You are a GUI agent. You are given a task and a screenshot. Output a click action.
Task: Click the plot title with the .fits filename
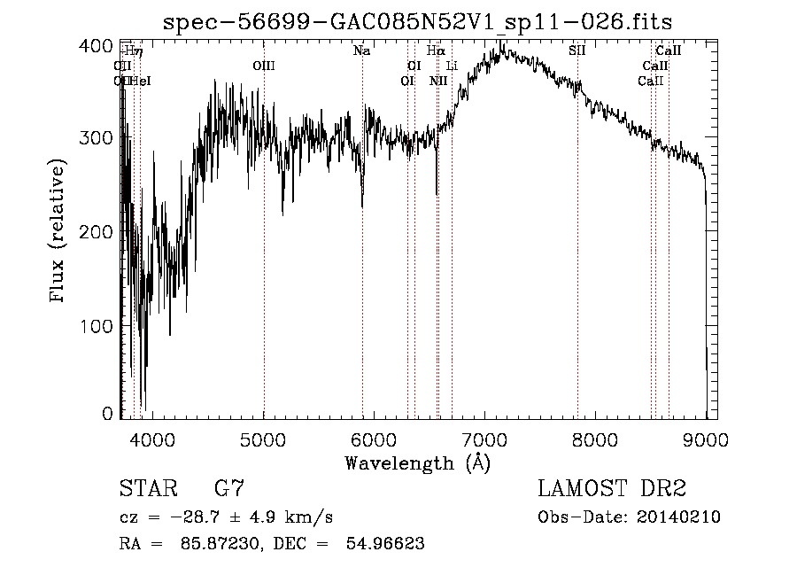418,23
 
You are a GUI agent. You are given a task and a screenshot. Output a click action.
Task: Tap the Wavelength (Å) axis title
417,462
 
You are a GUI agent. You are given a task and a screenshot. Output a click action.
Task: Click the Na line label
361,51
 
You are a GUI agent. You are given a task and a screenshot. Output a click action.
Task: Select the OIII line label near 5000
264,66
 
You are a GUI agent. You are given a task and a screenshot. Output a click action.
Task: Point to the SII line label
577,51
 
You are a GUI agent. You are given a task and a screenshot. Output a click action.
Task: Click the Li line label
452,66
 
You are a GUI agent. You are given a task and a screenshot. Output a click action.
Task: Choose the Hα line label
436,51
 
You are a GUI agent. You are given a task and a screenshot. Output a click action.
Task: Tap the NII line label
438,82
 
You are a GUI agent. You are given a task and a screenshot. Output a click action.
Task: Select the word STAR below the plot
146,488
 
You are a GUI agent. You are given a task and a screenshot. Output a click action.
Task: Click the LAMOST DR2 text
612,488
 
